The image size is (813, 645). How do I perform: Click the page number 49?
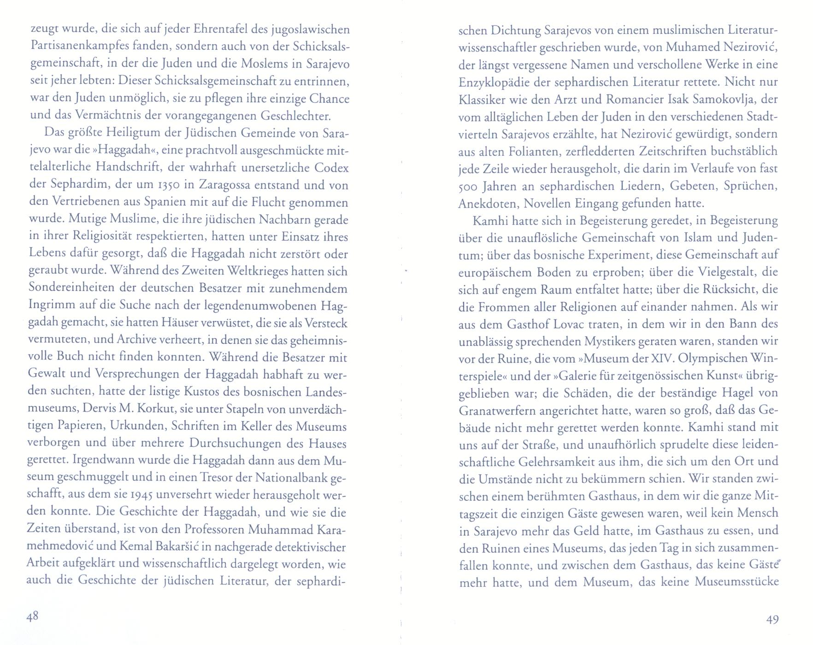[x=772, y=620]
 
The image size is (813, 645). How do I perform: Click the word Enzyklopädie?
[x=492, y=82]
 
